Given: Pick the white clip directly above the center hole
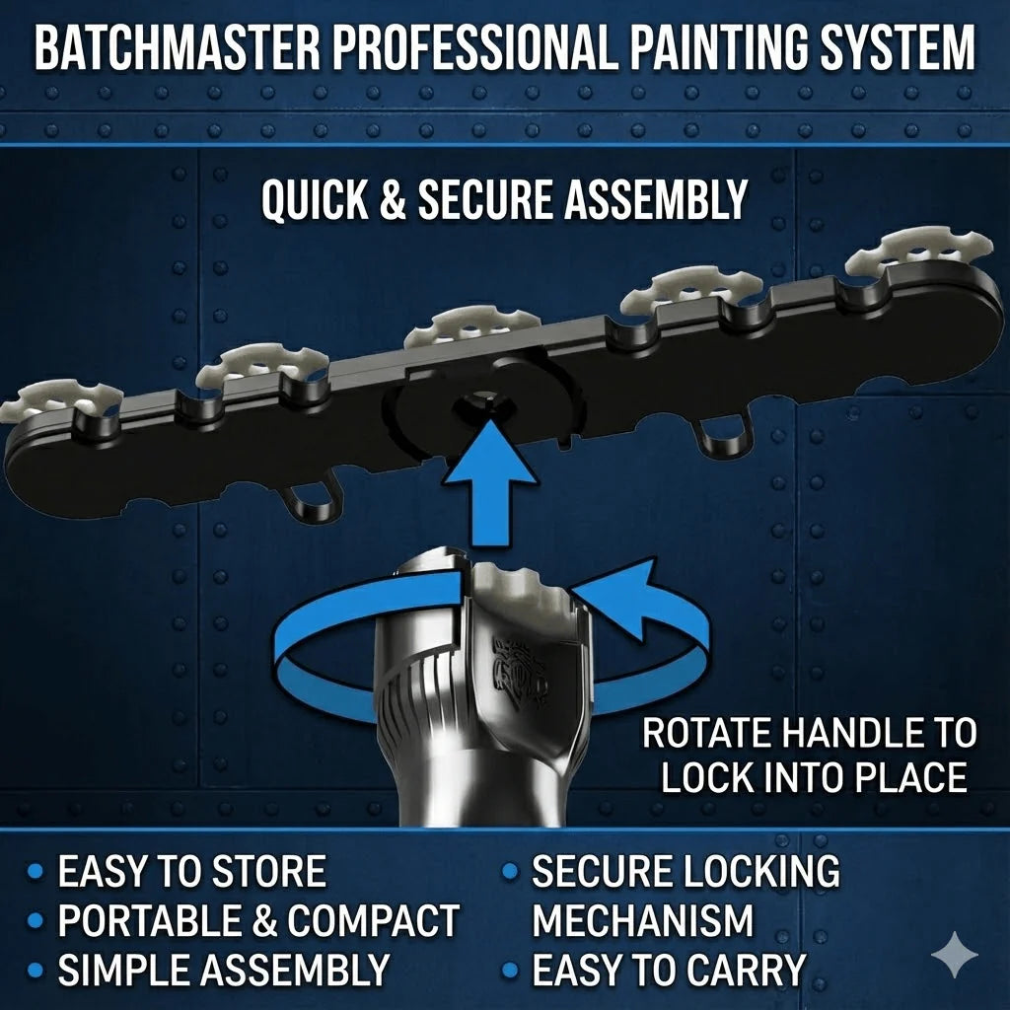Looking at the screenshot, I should (471, 326).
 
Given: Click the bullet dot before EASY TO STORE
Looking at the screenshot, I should (36, 872).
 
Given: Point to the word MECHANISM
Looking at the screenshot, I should (643, 921).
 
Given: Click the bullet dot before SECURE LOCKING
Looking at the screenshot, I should (510, 872).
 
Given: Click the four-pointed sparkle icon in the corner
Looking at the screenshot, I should (954, 954).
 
